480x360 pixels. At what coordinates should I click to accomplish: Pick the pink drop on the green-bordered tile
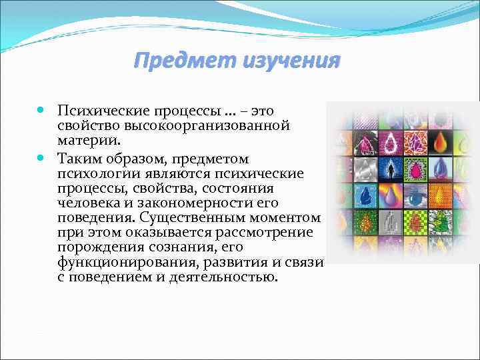tap(415, 169)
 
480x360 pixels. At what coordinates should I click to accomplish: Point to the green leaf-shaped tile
tap(441, 222)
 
